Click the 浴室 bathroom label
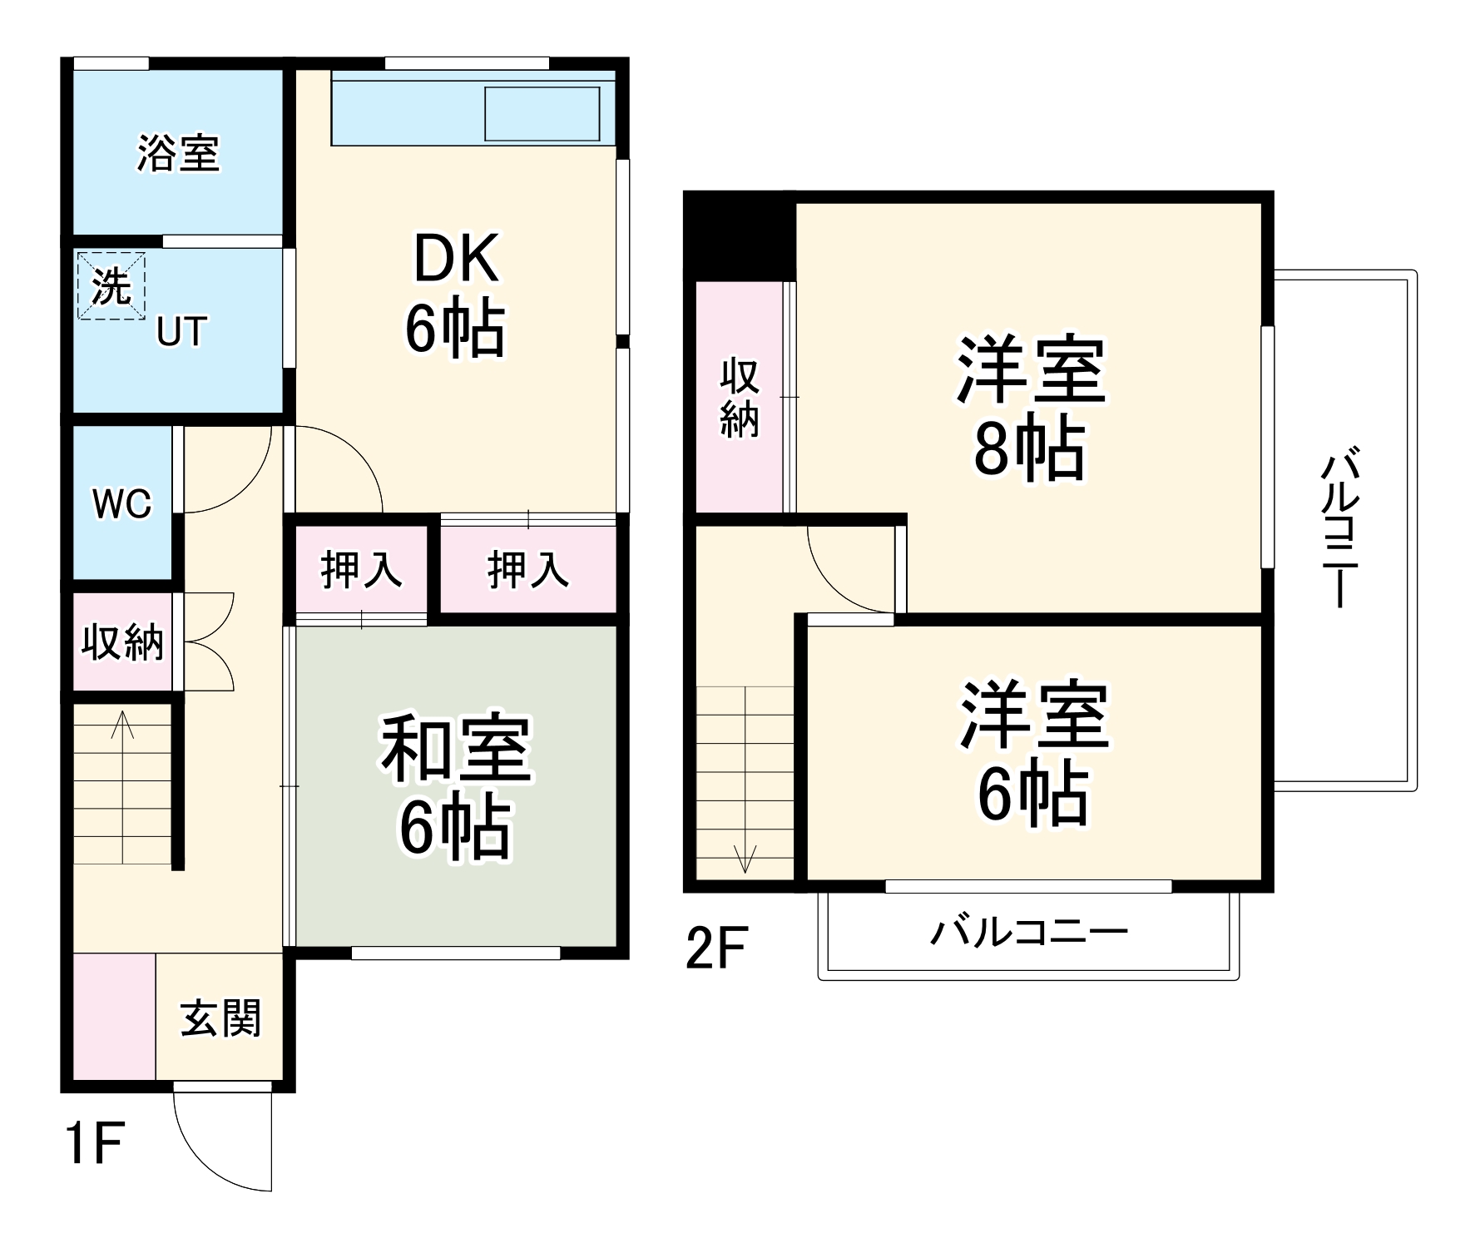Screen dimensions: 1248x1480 pos(178,153)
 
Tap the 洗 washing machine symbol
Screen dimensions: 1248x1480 pos(111,285)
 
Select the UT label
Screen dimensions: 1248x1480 pos(181,332)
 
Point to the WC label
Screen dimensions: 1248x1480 pos(122,503)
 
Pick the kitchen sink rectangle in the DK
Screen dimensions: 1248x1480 pos(542,113)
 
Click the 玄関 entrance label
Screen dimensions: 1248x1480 pos(220,1018)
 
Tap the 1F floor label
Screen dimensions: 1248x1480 pos(93,1143)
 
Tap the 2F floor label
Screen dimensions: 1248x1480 pos(716,948)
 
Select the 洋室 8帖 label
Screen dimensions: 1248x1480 pos(1030,408)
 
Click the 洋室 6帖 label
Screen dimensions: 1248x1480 pos(1033,753)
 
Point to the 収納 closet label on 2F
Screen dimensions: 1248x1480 pos(740,398)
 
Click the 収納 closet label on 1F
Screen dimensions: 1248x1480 pos(122,641)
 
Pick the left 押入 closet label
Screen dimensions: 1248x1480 pos(361,570)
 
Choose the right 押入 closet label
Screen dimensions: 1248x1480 pos(527,570)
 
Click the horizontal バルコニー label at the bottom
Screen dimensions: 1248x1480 pos(1028,932)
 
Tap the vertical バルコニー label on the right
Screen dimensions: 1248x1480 pos(1340,530)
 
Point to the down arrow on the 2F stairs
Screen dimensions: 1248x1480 pos(745,857)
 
